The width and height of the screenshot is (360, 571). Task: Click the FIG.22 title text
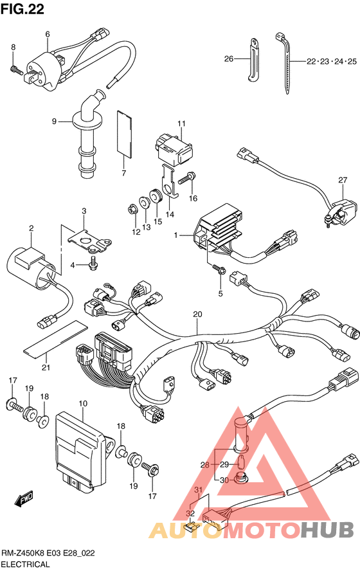[22, 9]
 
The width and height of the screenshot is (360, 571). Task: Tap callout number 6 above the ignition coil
[48, 34]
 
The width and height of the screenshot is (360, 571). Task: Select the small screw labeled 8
[14, 68]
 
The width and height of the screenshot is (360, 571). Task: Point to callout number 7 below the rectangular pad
[124, 173]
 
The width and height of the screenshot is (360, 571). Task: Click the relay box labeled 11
[174, 148]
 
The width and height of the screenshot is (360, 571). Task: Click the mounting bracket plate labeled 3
[89, 241]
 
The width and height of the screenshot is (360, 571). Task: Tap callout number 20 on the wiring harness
[197, 314]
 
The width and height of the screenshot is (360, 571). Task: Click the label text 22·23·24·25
[331, 61]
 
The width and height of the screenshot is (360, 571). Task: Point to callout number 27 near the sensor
[343, 180]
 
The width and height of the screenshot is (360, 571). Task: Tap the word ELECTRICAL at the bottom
[25, 565]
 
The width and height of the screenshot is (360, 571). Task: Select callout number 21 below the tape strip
[46, 367]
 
